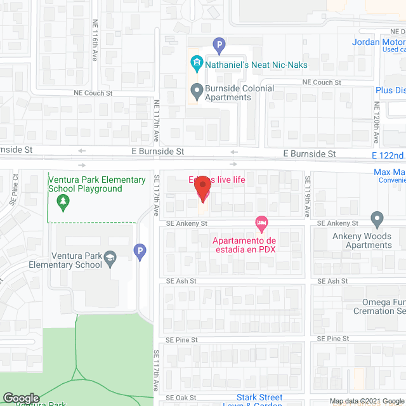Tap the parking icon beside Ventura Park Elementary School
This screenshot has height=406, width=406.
coord(140,252)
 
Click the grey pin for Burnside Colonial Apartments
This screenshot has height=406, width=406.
coord(197,91)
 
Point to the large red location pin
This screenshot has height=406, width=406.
coord(202,190)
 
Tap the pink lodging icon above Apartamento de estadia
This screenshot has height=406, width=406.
coord(260,223)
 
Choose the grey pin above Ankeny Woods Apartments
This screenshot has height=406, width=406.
coord(377,219)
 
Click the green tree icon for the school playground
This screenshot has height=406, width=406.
coord(62,202)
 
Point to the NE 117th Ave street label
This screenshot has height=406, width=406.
coord(157,119)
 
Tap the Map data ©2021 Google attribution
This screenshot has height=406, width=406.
coord(366,400)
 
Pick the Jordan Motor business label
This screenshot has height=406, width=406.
coord(379,43)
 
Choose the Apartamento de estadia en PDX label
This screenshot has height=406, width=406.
coord(244,244)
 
